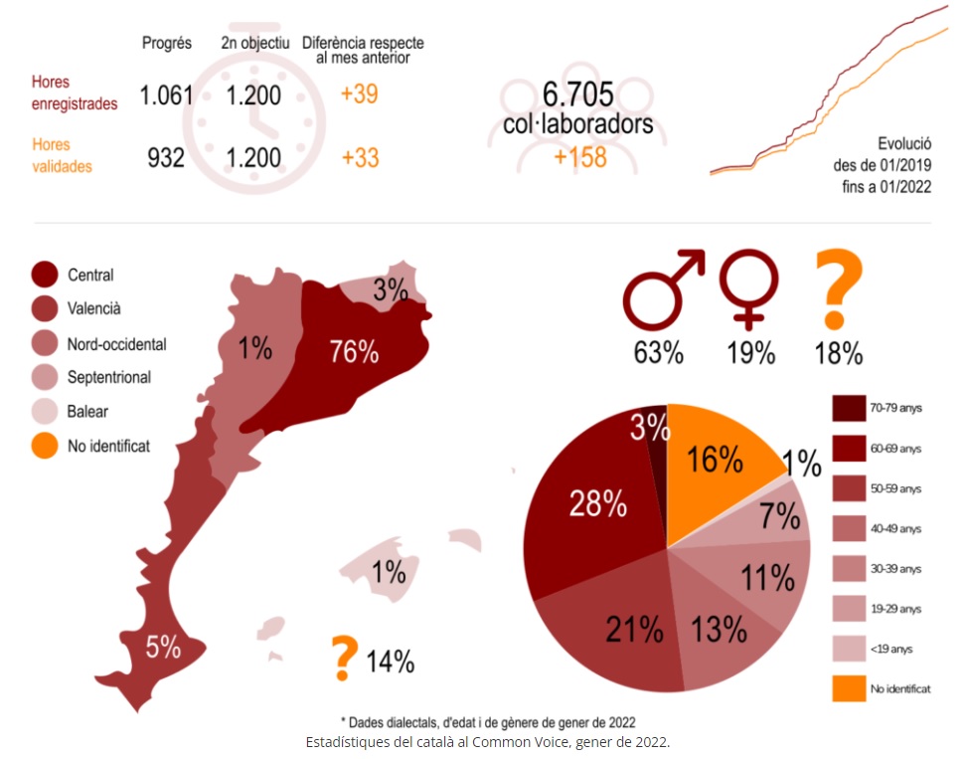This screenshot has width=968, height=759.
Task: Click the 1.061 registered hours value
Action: pos(166,95)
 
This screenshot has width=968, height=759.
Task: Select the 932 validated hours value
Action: pos(166,158)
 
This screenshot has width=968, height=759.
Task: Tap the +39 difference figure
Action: pos(359,95)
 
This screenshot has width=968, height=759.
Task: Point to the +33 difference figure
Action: pos(359,158)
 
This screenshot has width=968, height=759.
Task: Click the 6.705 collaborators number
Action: pos(577,95)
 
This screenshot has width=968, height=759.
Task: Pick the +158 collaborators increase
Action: pos(579,157)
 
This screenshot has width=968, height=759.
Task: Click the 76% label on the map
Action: pos(354,351)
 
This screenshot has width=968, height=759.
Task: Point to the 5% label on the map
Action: pos(163,648)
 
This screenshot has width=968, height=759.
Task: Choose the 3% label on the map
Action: pos(391,290)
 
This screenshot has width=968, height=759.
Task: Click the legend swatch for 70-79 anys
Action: pos(847,408)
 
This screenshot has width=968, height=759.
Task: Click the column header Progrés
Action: pos(167,43)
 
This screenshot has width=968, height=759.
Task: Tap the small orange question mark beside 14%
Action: pos(344,657)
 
